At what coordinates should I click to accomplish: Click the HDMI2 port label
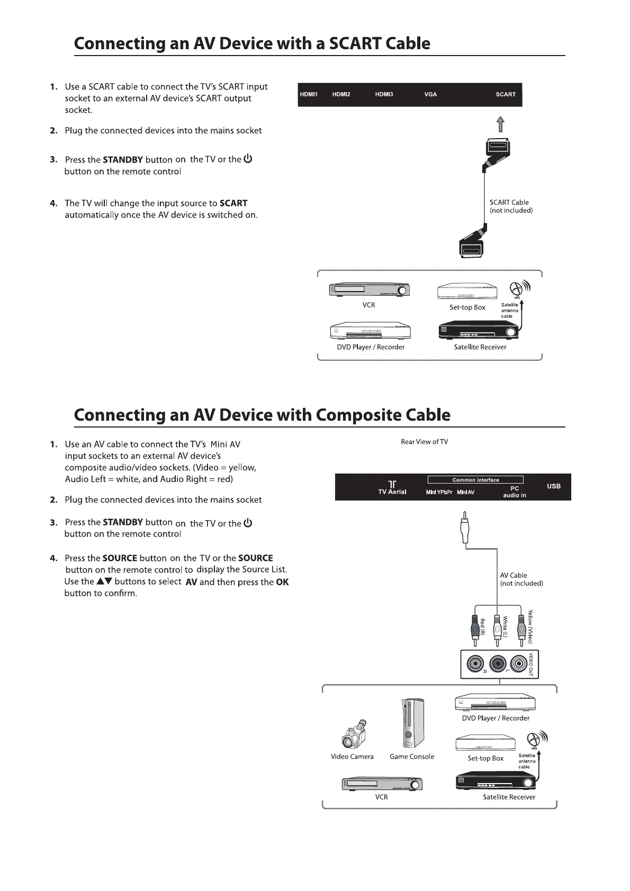[341, 95]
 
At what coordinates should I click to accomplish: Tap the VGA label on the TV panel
[430, 95]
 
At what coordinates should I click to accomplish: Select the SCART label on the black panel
[506, 95]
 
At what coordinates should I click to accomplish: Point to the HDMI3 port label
[384, 95]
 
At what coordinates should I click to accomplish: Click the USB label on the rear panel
[553, 486]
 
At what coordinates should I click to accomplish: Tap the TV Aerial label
[392, 492]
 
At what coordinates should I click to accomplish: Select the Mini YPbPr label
[439, 493]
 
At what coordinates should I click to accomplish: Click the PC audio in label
[514, 492]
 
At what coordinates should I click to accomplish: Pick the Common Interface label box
[475, 480]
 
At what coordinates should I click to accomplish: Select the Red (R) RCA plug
[475, 629]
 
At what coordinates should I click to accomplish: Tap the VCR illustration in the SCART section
[370, 290]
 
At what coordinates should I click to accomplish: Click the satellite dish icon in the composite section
[535, 739]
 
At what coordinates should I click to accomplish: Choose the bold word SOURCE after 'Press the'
[120, 558]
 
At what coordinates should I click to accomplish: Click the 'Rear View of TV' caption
[424, 442]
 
